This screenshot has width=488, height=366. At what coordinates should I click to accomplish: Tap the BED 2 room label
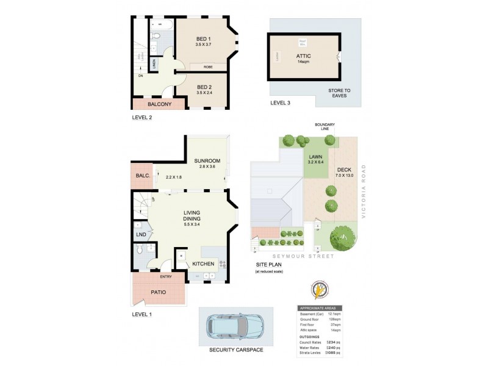pyautogui.click(x=204, y=87)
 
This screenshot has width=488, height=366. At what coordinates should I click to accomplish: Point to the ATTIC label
pyautogui.click(x=304, y=55)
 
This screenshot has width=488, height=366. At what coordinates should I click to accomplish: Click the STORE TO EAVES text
pyautogui.click(x=339, y=93)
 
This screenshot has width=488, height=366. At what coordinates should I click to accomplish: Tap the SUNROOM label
pyautogui.click(x=207, y=161)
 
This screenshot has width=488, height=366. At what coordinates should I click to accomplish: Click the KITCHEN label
pyautogui.click(x=203, y=264)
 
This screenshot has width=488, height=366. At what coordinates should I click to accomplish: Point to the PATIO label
pyautogui.click(x=158, y=292)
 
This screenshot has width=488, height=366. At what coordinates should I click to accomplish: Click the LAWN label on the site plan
pyautogui.click(x=315, y=157)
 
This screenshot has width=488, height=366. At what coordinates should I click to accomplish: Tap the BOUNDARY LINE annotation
pyautogui.click(x=325, y=127)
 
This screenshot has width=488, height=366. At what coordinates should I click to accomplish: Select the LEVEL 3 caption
pyautogui.click(x=280, y=103)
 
